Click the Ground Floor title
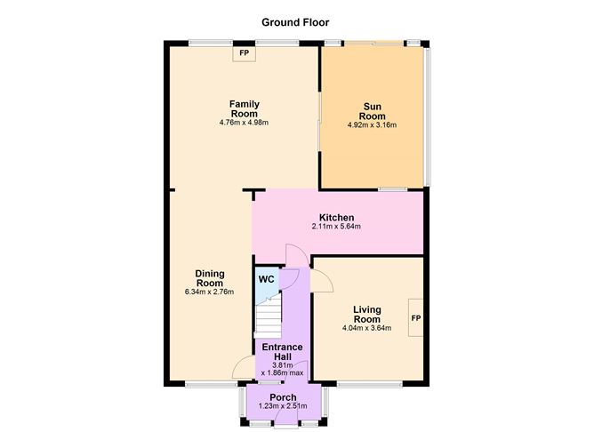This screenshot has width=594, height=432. coord(296,21)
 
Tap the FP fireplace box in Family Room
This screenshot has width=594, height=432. coord(243,54)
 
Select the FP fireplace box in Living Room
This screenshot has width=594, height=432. coord(415,318)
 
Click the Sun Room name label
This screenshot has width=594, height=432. coord(372,111)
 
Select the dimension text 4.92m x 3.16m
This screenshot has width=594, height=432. coord(372,125)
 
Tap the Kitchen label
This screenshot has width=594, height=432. coord(336,218)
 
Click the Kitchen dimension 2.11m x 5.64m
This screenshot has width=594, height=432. coord(336,228)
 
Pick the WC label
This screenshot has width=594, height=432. coord(266,279)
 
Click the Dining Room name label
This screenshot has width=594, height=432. coord(210,277)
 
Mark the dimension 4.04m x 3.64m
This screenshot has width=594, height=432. coord(366,329)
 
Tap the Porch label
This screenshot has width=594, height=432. coord(283,396)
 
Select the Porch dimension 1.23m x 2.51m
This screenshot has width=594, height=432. coord(283,406)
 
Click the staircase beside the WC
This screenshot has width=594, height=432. coord(268,315)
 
